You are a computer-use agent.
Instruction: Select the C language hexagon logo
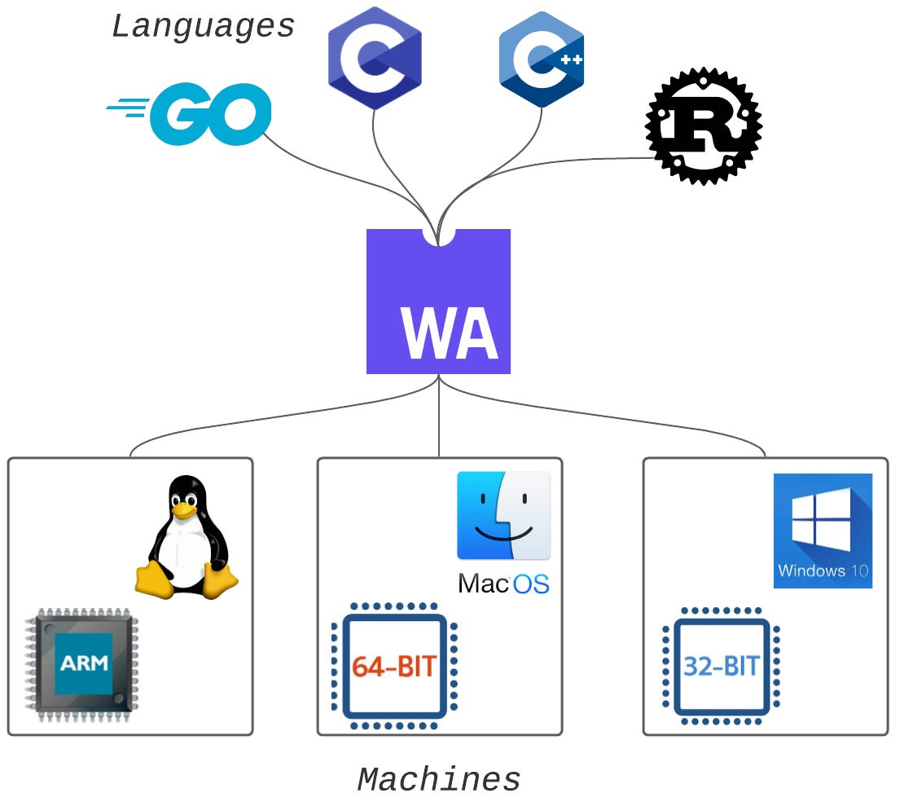375,58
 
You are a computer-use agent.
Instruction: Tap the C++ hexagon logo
542,59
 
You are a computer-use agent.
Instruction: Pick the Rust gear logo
704,126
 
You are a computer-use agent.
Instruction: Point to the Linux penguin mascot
187,538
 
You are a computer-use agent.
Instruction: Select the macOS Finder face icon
503,515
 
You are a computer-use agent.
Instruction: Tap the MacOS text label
503,584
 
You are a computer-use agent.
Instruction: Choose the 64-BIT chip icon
395,666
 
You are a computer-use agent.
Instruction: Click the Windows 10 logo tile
823,530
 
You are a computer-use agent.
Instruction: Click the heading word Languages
203,27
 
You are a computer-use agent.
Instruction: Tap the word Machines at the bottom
439,780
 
